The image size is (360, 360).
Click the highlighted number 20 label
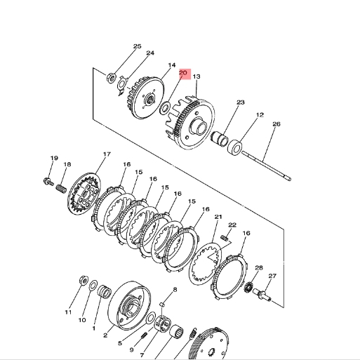point(183,72)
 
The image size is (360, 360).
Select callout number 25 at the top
point(137,46)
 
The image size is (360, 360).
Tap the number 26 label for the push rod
point(276,124)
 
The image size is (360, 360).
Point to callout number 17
point(107,154)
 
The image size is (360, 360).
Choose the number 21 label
point(218,217)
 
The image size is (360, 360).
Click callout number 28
point(259,268)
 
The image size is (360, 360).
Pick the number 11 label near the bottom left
point(69,312)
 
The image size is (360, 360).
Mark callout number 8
point(175,290)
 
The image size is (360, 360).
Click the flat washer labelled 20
point(166,109)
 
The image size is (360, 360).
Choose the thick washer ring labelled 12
point(236,147)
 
